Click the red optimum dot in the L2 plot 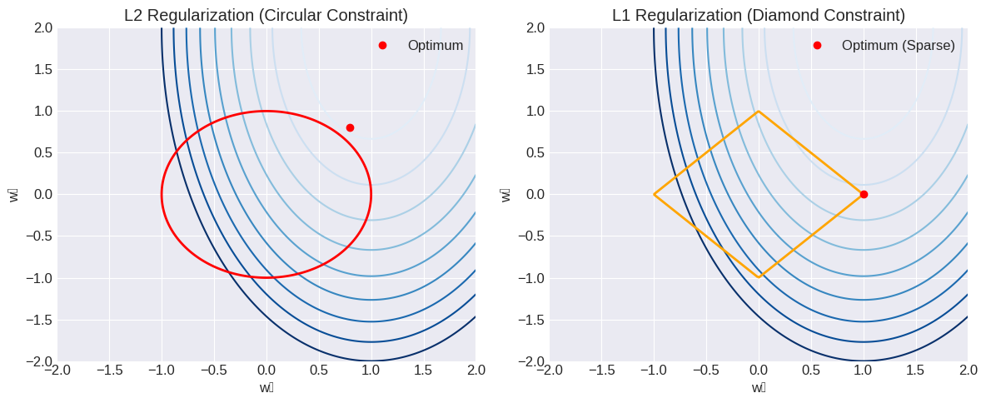pos(350,127)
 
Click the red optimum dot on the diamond pos(864,194)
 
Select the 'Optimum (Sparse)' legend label pos(898,45)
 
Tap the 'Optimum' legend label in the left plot pos(435,45)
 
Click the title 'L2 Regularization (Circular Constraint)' pos(266,15)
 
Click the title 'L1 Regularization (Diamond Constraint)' pos(759,15)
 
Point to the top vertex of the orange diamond pos(759,111)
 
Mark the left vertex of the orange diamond pos(654,194)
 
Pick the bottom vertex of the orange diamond pos(759,277)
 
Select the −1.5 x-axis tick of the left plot pos(110,370)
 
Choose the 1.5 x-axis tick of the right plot pos(915,370)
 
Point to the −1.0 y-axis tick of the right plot pos(530,277)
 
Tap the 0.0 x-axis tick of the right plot pos(759,370)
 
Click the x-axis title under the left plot pos(266,387)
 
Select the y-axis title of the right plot pos(505,194)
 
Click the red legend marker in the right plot pos(817,45)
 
